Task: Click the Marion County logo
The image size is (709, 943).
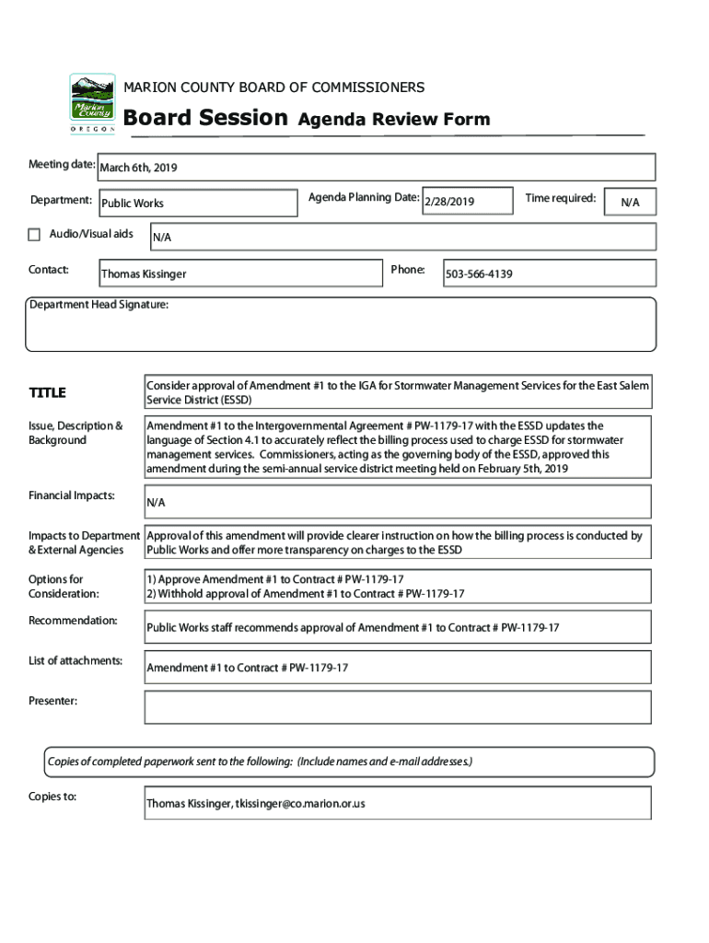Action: [x=93, y=104]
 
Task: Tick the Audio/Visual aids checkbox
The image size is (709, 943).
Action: [x=35, y=234]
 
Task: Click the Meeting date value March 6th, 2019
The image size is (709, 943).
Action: [x=138, y=168]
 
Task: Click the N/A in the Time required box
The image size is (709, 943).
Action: [x=630, y=203]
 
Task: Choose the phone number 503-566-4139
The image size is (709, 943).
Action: [x=479, y=274]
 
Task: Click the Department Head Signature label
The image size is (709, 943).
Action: [x=99, y=305]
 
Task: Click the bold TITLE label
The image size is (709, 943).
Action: [x=48, y=393]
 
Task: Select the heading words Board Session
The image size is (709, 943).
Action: [x=205, y=118]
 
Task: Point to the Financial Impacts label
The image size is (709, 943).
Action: [x=72, y=495]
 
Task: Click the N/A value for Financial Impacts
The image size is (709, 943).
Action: [x=157, y=503]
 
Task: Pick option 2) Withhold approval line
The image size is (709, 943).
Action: [x=306, y=594]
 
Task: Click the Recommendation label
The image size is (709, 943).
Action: [x=73, y=621]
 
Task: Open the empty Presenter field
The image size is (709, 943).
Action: [x=397, y=707]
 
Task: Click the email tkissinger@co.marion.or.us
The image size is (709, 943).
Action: [x=300, y=803]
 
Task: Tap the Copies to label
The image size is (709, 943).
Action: [x=52, y=796]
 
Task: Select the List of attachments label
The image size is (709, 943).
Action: [x=76, y=661]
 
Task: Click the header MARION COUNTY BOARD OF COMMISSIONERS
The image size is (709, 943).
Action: [x=274, y=87]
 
